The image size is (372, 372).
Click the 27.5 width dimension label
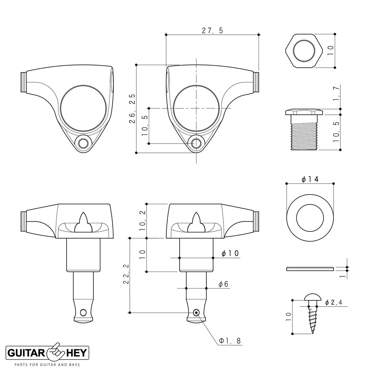(213, 30)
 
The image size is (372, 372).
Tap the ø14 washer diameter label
(310, 179)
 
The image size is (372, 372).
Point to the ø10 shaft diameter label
(230, 253)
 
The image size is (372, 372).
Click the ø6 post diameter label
(223, 284)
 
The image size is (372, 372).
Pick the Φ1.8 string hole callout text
(230, 341)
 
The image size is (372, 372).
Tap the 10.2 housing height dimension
(142, 221)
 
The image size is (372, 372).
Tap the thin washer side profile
(310, 269)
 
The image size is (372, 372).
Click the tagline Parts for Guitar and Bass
(47, 365)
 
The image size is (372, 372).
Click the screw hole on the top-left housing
(83, 143)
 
